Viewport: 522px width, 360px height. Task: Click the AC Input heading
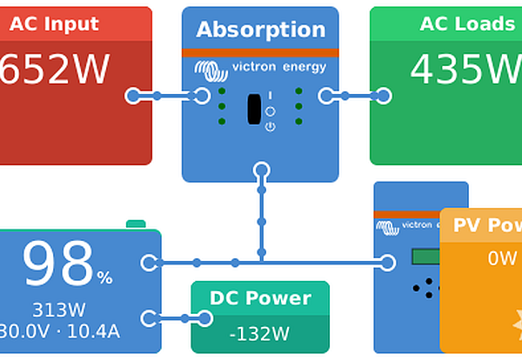(x=54, y=23)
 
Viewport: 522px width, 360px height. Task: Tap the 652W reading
(x=54, y=69)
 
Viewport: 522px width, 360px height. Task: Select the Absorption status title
(x=260, y=30)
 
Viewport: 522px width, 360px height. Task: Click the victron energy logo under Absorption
(x=260, y=67)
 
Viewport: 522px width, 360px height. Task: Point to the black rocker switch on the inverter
(x=254, y=109)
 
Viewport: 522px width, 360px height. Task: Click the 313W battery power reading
(x=59, y=310)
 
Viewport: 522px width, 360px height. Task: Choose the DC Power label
(x=260, y=298)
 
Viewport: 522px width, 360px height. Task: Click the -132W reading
(x=259, y=333)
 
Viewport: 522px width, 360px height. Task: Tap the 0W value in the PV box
(x=502, y=258)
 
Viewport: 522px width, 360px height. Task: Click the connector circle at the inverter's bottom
(x=260, y=170)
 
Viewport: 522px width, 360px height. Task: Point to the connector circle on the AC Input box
(x=132, y=96)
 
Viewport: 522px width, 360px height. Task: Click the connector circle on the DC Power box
(x=204, y=318)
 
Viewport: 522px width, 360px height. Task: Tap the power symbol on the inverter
(x=270, y=127)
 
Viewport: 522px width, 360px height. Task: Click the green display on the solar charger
(x=426, y=257)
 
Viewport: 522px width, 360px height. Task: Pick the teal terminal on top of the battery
(x=136, y=224)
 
